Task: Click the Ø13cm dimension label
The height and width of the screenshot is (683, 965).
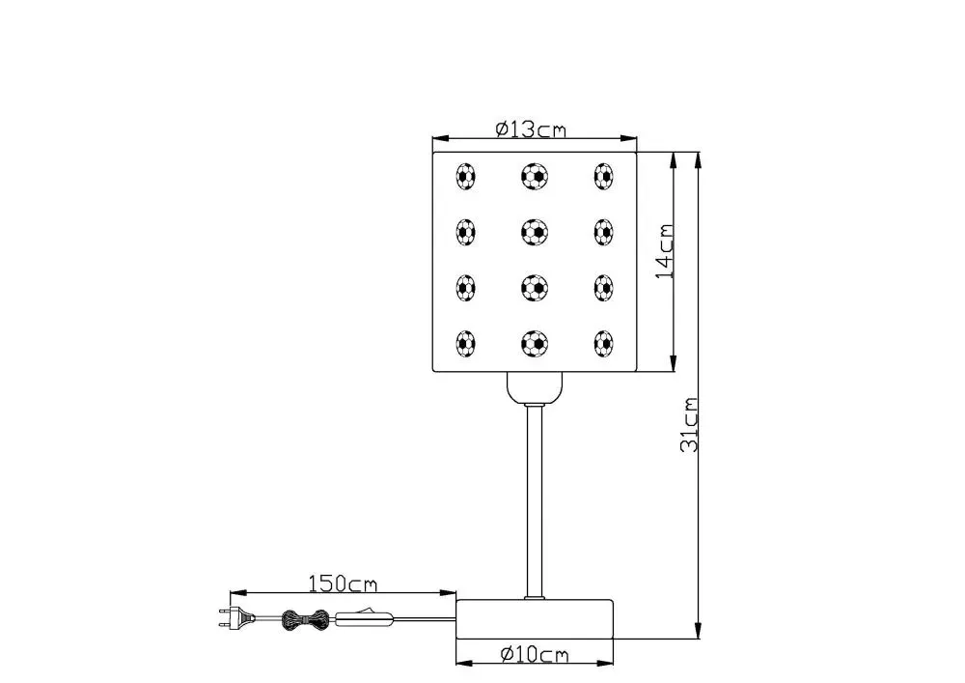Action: click(531, 128)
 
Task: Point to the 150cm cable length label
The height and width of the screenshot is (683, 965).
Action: click(343, 583)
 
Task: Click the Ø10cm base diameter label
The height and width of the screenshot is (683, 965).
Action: click(535, 656)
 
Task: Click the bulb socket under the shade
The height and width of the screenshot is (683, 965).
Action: click(535, 387)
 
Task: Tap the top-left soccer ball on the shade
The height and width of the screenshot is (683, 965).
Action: click(466, 176)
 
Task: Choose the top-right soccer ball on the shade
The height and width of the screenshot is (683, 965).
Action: click(604, 176)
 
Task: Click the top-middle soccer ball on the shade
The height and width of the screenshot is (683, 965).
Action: click(535, 176)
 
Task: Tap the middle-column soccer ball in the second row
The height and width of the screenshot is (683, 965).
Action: click(535, 231)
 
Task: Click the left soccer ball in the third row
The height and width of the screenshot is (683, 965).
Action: click(466, 287)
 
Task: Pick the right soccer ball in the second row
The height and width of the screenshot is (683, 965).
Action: click(604, 231)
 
